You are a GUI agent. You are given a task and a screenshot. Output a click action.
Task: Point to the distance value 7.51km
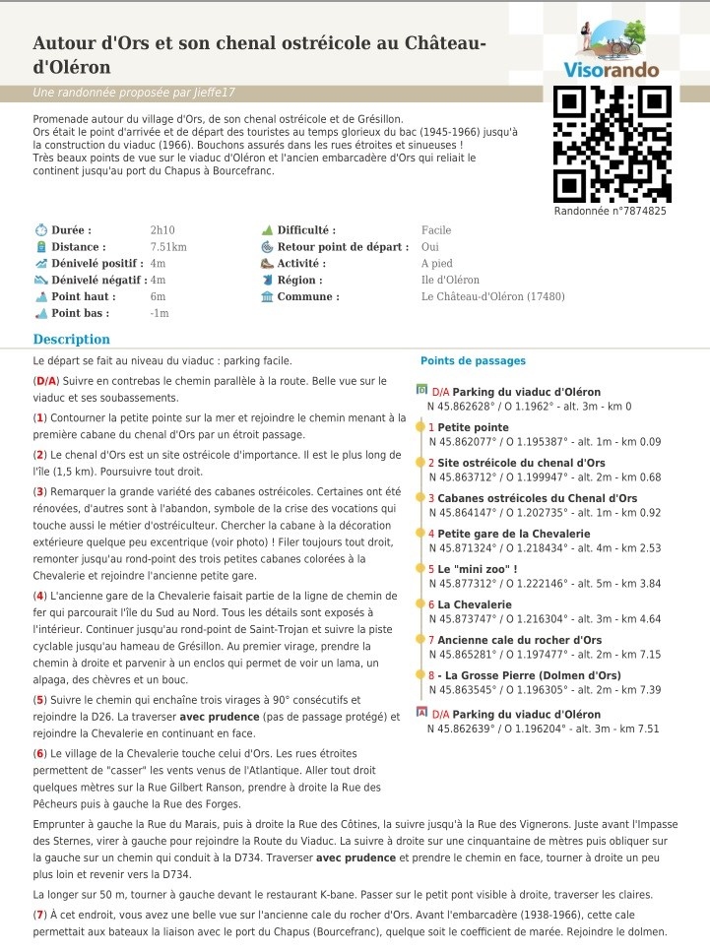(x=168, y=247)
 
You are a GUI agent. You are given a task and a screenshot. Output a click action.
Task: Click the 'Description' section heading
(x=72, y=340)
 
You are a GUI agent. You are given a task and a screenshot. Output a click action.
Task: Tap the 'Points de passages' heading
(x=473, y=361)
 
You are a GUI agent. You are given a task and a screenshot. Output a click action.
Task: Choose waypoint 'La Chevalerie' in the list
(x=475, y=604)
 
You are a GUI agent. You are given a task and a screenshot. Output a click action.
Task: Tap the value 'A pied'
(x=437, y=264)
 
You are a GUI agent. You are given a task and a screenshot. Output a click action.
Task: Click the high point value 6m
(x=158, y=297)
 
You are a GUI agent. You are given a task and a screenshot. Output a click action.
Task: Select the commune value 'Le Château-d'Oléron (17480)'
(x=493, y=297)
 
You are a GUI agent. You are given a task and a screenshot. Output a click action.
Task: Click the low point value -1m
(x=160, y=314)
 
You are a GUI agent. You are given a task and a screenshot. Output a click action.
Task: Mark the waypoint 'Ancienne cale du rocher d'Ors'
(x=519, y=640)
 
